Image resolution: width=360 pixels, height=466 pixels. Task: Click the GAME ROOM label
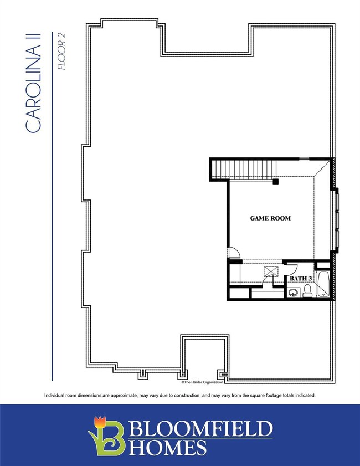coord(270,218)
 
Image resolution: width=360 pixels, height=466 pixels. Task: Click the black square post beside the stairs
coord(275,181)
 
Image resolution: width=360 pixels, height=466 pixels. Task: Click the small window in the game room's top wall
coord(304,159)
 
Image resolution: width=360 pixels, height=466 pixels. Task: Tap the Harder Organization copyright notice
coord(203,382)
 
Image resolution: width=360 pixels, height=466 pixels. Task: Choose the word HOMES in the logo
coord(168,447)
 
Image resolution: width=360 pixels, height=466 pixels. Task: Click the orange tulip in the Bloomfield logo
coord(100,422)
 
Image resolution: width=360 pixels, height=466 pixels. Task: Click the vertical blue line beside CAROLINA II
coord(52,222)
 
